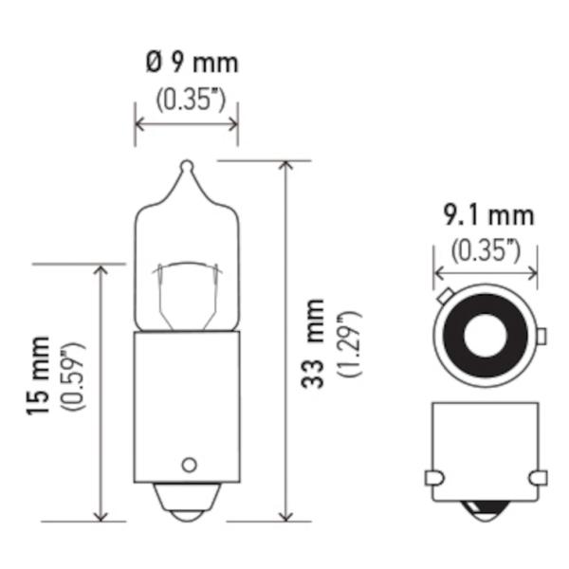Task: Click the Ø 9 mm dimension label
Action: point(192,64)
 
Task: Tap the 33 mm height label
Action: point(313,343)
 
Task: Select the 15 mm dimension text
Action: point(38,376)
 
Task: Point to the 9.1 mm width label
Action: point(489,215)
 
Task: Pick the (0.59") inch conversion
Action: point(74,376)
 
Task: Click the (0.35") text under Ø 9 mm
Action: point(192,100)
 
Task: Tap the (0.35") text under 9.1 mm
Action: point(486,250)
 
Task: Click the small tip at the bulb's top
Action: point(187,167)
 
